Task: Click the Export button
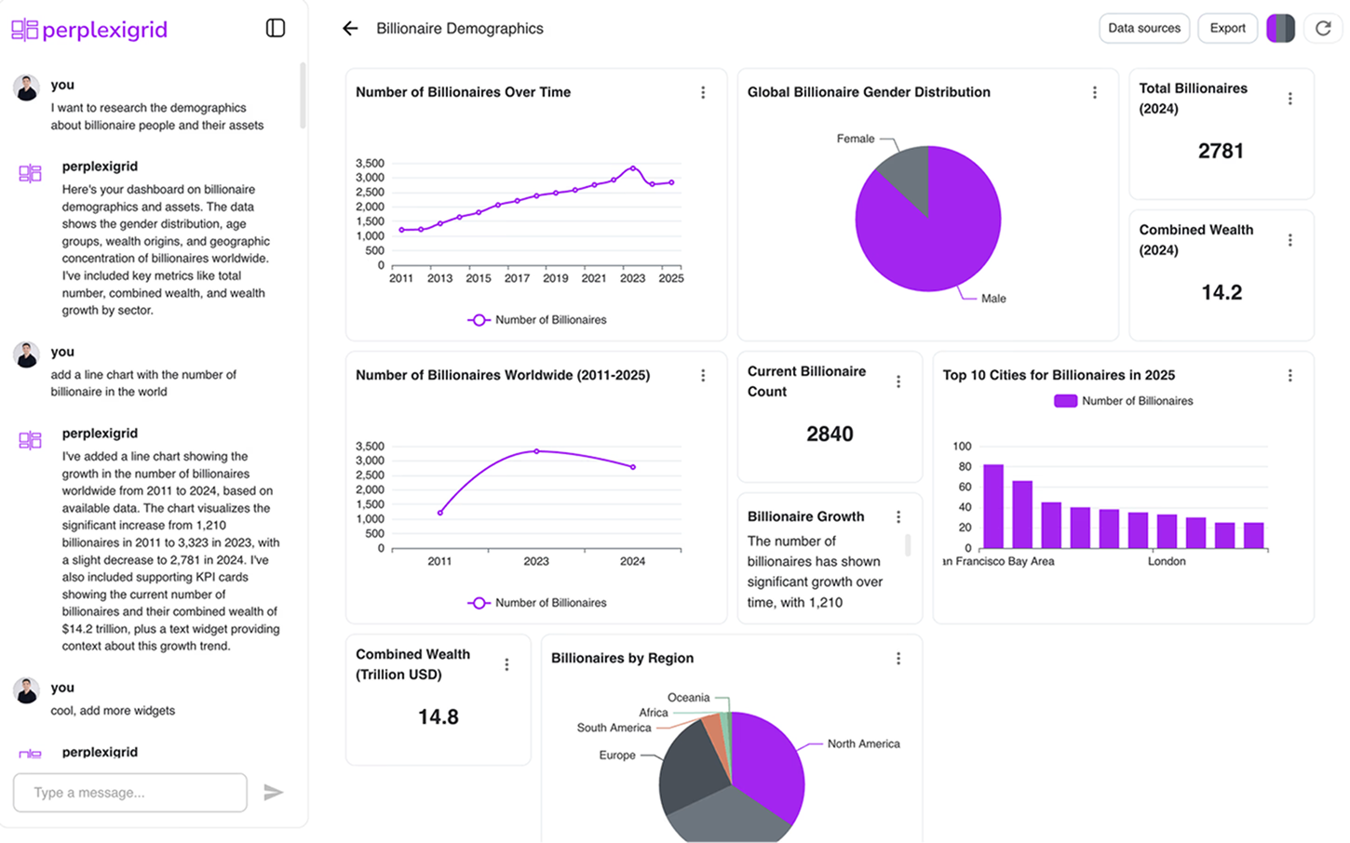[1227, 28]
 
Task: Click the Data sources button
[1143, 28]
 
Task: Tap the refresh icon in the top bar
[1322, 28]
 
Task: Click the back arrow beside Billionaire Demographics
[350, 29]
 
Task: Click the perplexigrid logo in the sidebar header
[89, 30]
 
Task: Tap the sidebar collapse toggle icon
[276, 28]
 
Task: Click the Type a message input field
[130, 793]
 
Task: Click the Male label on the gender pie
[993, 299]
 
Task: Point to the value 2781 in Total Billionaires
[1221, 151]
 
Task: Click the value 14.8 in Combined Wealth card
[438, 717]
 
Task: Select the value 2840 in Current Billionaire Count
[830, 435]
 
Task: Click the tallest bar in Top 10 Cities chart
[993, 506]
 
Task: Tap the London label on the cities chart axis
[1167, 562]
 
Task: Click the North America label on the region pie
[863, 744]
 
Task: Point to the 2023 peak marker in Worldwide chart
[536, 451]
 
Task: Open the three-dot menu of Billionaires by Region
[898, 659]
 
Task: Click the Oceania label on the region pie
[688, 698]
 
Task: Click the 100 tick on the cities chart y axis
[962, 447]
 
